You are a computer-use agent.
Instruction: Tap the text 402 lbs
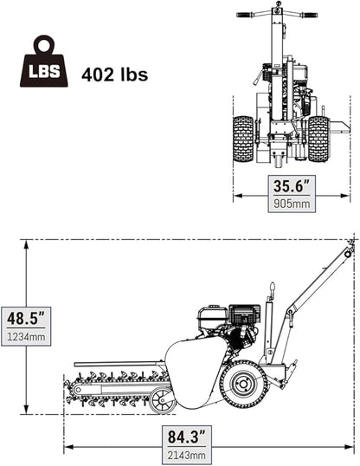point(114,74)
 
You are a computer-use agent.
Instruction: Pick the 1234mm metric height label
point(26,336)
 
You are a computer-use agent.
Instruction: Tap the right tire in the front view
point(318,139)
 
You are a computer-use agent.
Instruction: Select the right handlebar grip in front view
point(309,15)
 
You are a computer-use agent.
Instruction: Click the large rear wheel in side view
point(244,383)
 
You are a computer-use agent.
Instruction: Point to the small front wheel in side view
point(163,401)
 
